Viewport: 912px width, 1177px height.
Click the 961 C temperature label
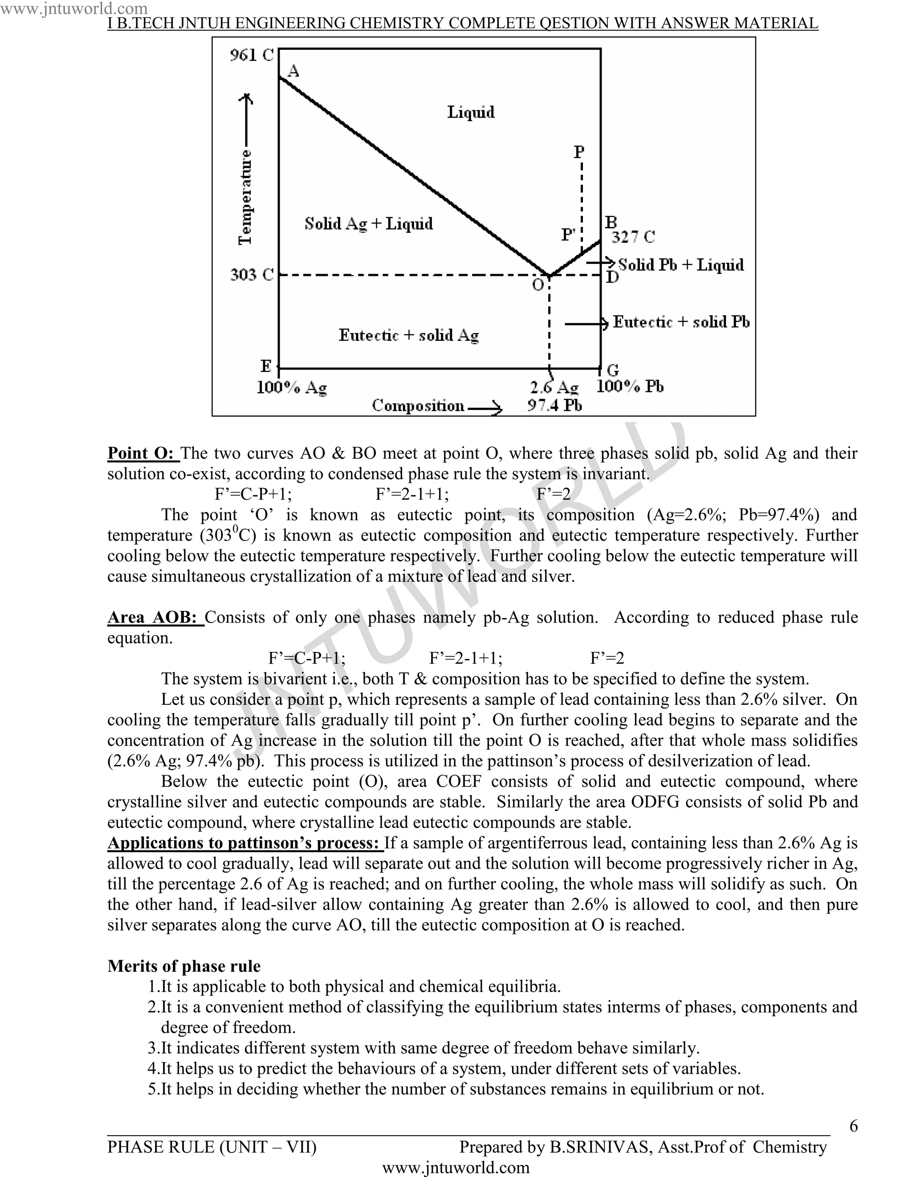pos(252,55)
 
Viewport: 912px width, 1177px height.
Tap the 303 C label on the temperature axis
pos(252,275)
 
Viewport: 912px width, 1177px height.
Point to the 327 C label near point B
pos(633,237)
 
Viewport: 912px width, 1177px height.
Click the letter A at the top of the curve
pos(293,71)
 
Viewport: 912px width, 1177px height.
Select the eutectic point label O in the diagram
pos(538,284)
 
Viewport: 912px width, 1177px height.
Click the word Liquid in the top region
pos(470,112)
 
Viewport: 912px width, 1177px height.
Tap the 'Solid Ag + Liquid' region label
pos(368,224)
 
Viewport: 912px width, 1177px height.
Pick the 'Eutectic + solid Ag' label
pos(408,335)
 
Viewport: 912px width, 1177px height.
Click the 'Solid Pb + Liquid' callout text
pos(680,265)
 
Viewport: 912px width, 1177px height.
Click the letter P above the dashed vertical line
pos(579,152)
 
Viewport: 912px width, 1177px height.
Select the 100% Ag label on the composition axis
pos(292,388)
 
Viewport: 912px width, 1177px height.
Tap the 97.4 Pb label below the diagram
pos(554,405)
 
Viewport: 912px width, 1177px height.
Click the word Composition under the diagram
pos(418,406)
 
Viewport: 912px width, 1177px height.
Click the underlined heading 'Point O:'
pos(143,453)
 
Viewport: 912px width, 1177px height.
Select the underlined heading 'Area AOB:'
pos(155,617)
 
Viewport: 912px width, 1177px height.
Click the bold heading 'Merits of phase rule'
pos(184,966)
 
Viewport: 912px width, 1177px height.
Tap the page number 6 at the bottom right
pos(853,1126)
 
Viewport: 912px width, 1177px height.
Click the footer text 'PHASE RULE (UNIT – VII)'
pos(212,1147)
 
